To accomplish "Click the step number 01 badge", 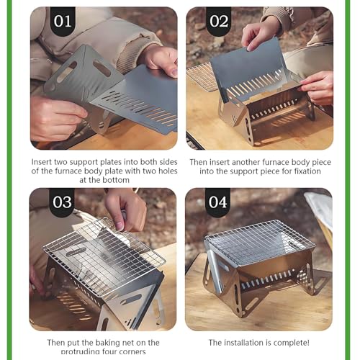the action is (63, 21).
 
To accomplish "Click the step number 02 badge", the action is (219, 21).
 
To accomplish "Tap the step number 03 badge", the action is (62, 202).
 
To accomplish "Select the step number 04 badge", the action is (217, 202).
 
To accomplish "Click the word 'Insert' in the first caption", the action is (42, 162).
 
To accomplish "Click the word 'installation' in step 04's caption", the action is (243, 343).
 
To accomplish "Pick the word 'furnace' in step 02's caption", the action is (276, 162).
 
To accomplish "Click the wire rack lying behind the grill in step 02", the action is (202, 77).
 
